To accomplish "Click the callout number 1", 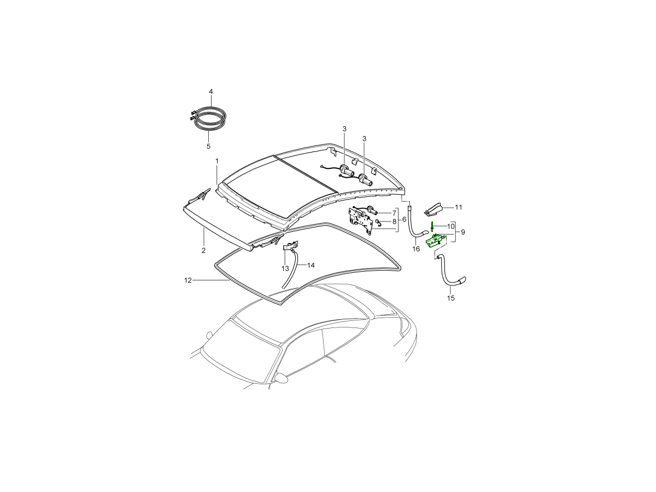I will click(x=217, y=161).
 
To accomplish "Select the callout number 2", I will click(x=203, y=250).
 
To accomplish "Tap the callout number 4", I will click(x=210, y=91).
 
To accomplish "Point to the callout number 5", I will click(x=208, y=147).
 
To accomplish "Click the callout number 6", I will click(x=404, y=219).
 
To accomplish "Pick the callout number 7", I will click(x=394, y=212).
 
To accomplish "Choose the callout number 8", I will click(x=394, y=222).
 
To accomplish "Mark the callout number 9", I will click(x=463, y=232).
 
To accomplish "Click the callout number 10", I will click(x=451, y=226).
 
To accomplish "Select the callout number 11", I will click(x=459, y=207).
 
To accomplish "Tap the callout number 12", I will click(x=188, y=280).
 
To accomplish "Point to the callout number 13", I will click(x=285, y=268).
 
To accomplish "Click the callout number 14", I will click(x=311, y=265).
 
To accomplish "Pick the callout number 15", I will click(x=451, y=298).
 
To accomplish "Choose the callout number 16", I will click(x=416, y=249).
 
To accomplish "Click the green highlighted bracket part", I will click(x=437, y=239).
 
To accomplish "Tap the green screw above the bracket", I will click(x=432, y=226).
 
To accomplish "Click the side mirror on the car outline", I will click(x=281, y=378).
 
